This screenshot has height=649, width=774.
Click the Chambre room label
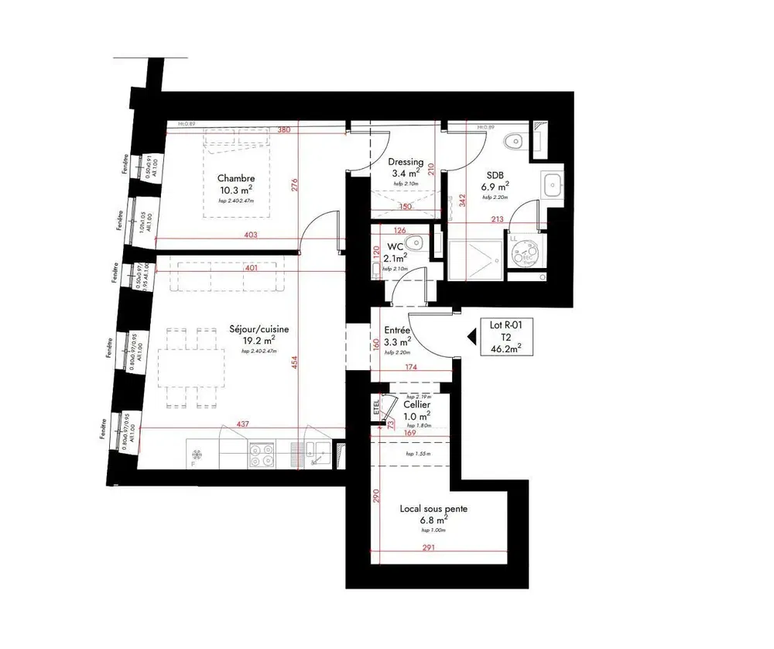(235, 177)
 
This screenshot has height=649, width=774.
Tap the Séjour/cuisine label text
(259, 329)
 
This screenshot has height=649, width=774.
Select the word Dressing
(406, 161)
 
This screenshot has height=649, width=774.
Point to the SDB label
(496, 174)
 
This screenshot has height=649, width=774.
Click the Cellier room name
(417, 404)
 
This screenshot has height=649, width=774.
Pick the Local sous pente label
(433, 509)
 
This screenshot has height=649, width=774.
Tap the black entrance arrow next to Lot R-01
(469, 336)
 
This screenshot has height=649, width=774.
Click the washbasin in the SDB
(552, 184)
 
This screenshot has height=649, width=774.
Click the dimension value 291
(430, 549)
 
